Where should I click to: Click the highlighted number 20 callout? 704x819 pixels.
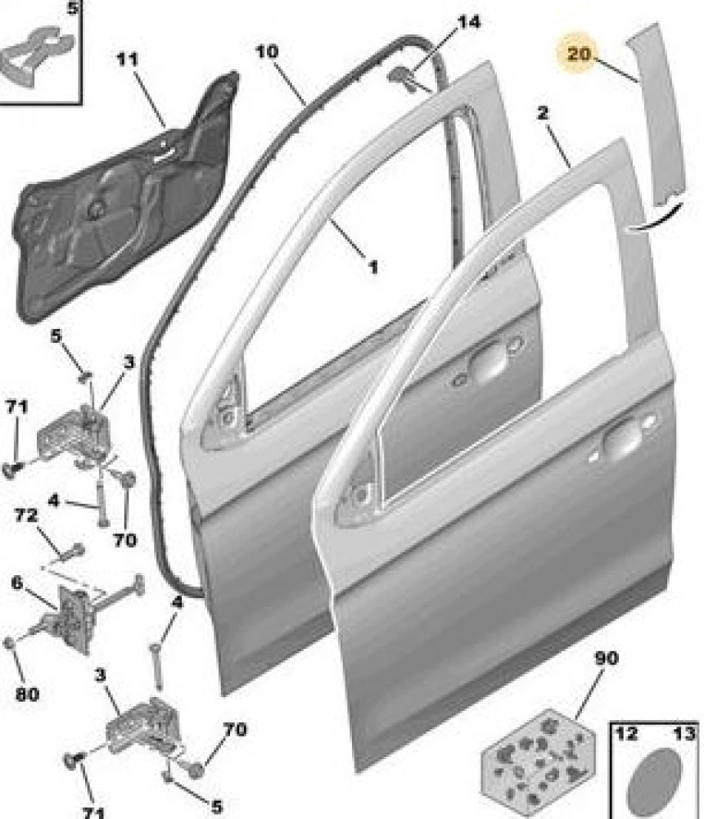tap(578, 55)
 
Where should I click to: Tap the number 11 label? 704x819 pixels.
tap(127, 60)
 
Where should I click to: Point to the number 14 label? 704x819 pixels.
tap(469, 22)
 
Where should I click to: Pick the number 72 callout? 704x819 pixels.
tap(26, 515)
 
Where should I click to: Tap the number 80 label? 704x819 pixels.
tap(26, 695)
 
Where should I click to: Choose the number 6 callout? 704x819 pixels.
tap(16, 583)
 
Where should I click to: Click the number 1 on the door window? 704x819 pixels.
tap(372, 267)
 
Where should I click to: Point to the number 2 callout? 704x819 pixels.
tap(543, 113)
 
